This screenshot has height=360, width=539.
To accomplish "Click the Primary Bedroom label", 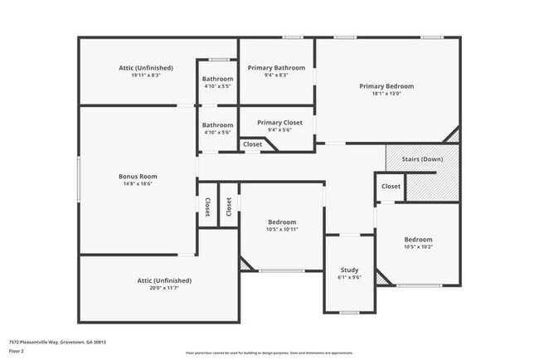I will (386, 85).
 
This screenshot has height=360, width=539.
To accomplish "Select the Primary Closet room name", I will (279, 122).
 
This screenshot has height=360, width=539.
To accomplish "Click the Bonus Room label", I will (138, 176).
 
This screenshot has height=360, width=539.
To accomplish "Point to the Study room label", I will (349, 270).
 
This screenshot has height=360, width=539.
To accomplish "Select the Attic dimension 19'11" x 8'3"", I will (138, 75).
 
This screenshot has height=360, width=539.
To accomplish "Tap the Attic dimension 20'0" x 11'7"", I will (164, 288).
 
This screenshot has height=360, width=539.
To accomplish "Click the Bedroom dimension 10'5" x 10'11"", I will (282, 229).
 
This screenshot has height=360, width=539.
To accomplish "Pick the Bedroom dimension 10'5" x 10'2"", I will (418, 246).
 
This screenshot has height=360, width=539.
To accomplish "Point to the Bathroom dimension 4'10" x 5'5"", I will (218, 86).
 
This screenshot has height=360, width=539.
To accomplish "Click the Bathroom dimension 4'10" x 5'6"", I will (218, 133).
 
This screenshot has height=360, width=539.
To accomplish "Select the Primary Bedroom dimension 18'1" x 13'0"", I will (386, 93).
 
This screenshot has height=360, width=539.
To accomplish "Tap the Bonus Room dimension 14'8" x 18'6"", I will (138, 183).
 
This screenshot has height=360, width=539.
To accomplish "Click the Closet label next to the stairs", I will (391, 187).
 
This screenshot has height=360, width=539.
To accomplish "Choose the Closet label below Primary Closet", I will (252, 144).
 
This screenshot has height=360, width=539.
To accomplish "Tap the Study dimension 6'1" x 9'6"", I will (349, 278).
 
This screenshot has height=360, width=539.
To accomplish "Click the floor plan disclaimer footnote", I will (269, 352).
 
